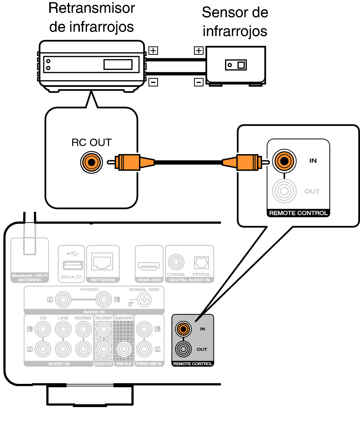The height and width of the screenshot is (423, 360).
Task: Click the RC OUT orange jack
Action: (91, 162)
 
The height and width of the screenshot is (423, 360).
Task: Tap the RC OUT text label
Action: (91, 143)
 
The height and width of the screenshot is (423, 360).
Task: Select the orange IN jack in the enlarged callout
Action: (284, 161)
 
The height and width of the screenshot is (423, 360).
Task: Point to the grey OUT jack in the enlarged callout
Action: (284, 191)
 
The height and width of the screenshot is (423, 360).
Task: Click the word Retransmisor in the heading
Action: (91, 8)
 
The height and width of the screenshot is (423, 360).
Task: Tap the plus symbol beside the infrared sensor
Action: (199, 51)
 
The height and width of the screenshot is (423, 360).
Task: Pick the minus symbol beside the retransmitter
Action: (153, 82)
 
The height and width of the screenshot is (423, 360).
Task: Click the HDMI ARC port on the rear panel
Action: (148, 266)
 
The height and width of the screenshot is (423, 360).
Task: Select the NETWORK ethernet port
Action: (103, 262)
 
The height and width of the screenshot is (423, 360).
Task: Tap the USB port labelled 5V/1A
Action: (73, 265)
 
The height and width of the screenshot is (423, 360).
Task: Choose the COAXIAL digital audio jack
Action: (176, 262)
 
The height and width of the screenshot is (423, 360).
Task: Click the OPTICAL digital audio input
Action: (201, 263)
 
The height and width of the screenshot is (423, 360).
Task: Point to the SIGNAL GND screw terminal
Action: (144, 300)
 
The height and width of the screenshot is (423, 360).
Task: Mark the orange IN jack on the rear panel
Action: (183, 329)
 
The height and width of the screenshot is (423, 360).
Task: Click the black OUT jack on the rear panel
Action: (183, 349)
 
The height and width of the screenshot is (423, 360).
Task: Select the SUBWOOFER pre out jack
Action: (124, 349)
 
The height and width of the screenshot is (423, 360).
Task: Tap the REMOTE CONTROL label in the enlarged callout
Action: (298, 213)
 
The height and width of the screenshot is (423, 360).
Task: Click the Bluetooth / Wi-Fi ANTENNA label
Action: (30, 278)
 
